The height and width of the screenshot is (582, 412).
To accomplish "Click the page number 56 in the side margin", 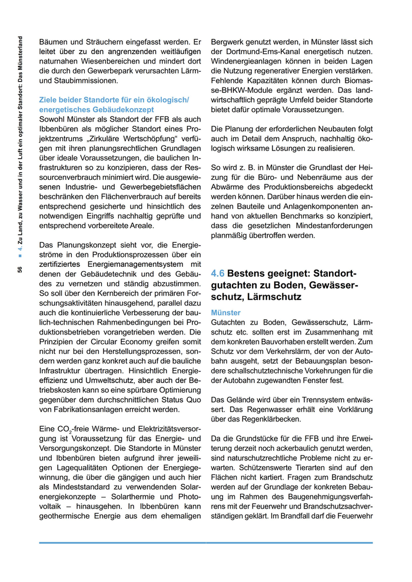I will [20, 270].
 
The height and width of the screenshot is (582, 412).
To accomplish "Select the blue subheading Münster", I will [225, 313].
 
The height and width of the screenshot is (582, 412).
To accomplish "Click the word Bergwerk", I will [227, 43].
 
